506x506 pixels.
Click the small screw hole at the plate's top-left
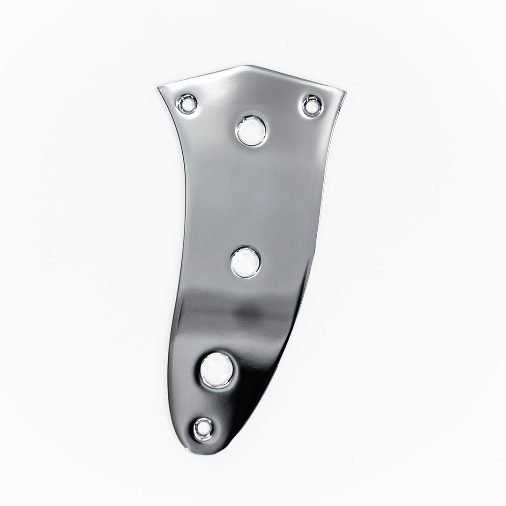tap(187, 104)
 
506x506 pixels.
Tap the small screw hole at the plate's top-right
tap(313, 105)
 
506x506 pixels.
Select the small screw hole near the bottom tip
tap(203, 429)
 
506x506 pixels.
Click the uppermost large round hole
tap(251, 131)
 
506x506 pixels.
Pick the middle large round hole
tap(245, 262)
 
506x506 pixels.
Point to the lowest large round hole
tap(217, 370)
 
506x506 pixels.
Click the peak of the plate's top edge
tap(247, 66)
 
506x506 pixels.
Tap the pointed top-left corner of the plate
tap(159, 87)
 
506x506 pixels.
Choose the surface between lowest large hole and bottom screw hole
tap(211, 403)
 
